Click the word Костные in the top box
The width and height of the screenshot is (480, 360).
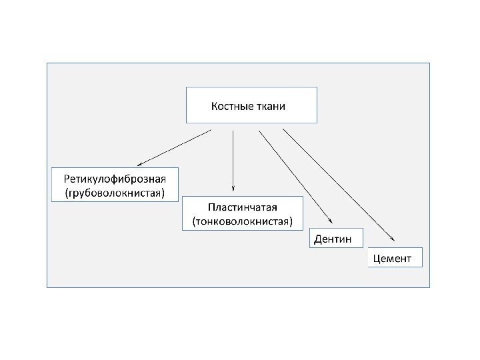pyautogui.click(x=231, y=106)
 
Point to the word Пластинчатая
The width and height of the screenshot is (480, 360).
pyautogui.click(x=242, y=207)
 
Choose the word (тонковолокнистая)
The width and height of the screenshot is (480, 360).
pyautogui.click(x=242, y=221)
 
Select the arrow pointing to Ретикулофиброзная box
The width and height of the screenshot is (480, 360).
pyautogui.click(x=174, y=147)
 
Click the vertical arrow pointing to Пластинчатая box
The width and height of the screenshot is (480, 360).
pyautogui.click(x=233, y=160)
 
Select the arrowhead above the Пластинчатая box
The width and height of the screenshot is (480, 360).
pyautogui.click(x=233, y=187)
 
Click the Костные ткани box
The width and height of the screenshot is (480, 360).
pyautogui.click(x=251, y=105)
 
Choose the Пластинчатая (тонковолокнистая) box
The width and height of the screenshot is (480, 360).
pyautogui.click(x=242, y=213)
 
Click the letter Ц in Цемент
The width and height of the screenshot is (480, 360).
pyautogui.click(x=377, y=258)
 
